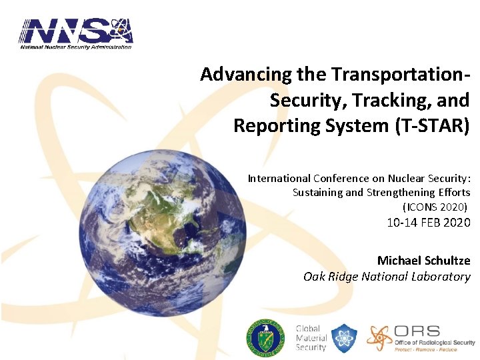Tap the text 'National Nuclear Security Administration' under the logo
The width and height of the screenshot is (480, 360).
point(75,46)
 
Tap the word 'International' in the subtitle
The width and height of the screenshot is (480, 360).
point(279,179)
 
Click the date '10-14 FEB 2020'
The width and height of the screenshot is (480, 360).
point(428,223)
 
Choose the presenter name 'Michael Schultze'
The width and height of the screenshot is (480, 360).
point(423,260)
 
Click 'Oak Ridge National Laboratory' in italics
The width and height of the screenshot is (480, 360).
point(387,276)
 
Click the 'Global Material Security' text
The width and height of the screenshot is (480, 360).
point(311,338)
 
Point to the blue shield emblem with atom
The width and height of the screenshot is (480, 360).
point(345,338)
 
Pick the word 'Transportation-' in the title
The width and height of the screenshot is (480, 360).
point(399,74)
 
